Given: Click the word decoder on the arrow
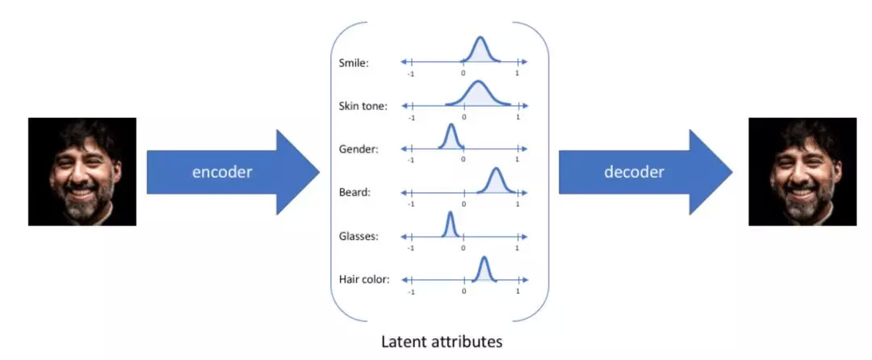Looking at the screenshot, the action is coord(634,172).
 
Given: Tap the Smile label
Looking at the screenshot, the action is coord(353,62).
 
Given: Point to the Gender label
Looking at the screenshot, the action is coord(358,149).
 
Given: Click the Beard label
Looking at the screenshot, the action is coord(354,193).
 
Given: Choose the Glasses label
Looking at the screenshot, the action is coord(359,237).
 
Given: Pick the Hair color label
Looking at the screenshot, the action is coord(365,280).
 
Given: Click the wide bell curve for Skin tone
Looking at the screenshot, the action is coord(479,94).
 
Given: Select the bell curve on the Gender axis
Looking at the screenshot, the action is coord(451,137).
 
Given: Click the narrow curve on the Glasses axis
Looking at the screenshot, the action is coord(450,225).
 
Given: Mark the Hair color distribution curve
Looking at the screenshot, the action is coord(483,269).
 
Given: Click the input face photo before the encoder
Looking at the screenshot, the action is coord(82,171).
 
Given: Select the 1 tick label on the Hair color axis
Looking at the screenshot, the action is coord(517,292).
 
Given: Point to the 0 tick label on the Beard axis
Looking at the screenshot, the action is coord(463,205).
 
